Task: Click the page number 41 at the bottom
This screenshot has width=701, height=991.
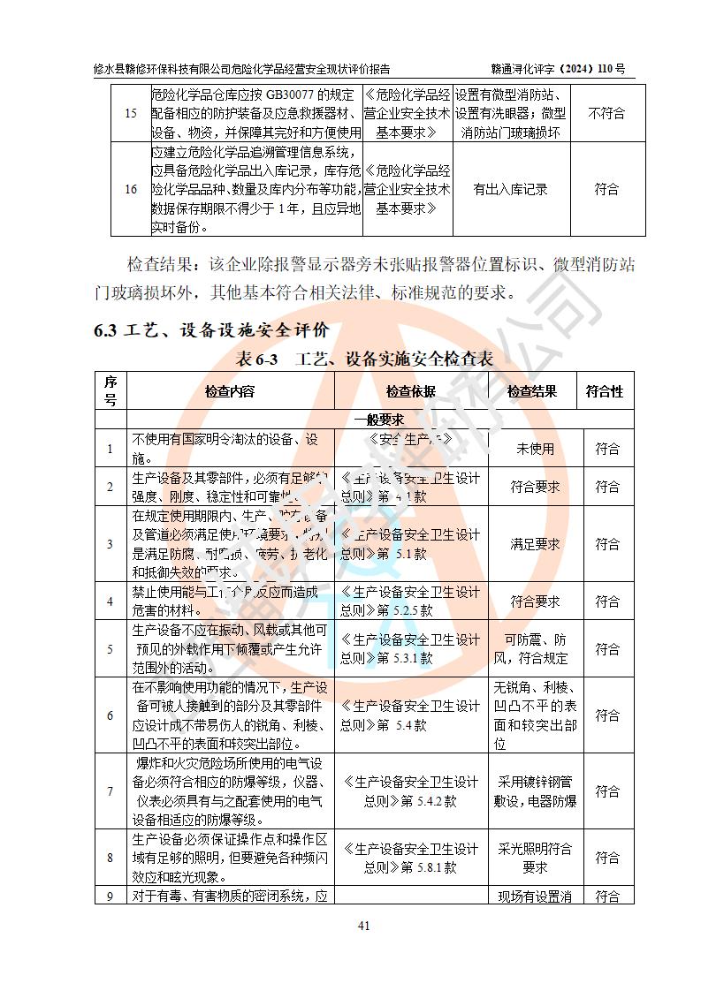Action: pos(362,926)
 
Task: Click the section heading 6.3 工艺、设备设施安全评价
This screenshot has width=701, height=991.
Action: pos(211,330)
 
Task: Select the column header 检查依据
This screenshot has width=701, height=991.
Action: pos(410,391)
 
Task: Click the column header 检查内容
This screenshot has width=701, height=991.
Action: pos(229,391)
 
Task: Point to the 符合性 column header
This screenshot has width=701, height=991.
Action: pos(605,391)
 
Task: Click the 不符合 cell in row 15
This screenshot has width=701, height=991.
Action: pos(606,113)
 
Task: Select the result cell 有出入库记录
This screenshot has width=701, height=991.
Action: pos(510,189)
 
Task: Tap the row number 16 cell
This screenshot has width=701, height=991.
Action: pos(131,189)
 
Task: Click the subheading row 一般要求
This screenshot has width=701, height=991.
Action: pos(379,420)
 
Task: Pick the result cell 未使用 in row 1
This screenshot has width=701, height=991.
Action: pos(535,449)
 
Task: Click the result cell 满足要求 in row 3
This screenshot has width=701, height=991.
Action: pos(535,544)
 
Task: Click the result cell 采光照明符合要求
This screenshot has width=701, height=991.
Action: pos(535,858)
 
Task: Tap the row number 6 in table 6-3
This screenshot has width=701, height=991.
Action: pos(110,715)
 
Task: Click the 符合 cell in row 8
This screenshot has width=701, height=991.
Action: pos(606,858)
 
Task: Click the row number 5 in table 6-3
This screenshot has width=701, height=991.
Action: pos(110,649)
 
